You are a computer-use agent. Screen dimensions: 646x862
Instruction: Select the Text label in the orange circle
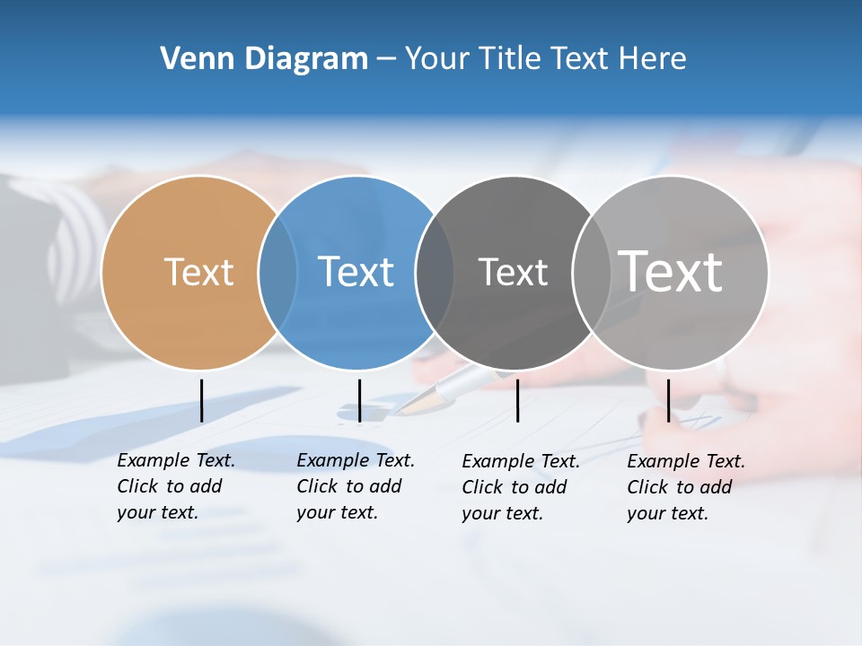tap(198, 272)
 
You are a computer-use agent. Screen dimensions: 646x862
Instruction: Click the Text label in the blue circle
tap(356, 272)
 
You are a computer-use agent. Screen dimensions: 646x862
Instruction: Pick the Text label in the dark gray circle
tap(513, 272)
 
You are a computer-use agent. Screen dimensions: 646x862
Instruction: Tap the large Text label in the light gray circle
tap(671, 272)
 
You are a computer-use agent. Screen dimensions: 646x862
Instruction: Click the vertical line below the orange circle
tap(201, 400)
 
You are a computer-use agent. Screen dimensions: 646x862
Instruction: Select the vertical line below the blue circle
tap(359, 400)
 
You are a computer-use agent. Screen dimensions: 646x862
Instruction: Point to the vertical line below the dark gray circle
tap(517, 400)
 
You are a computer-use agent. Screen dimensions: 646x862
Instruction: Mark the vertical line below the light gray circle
tap(668, 400)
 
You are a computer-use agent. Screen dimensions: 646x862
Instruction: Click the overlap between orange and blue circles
tap(277, 273)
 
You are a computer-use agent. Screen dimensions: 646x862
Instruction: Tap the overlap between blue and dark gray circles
tap(435, 273)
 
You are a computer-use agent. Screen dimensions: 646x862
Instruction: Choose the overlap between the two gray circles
tap(592, 273)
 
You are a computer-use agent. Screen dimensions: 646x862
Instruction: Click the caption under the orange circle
tap(176, 486)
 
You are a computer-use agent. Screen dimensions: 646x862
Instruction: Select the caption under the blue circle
tap(356, 486)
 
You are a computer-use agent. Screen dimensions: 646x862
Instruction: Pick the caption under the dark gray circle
tap(521, 487)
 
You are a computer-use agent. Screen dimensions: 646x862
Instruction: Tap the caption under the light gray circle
tap(686, 487)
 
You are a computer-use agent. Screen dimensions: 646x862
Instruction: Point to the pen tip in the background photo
tap(406, 408)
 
